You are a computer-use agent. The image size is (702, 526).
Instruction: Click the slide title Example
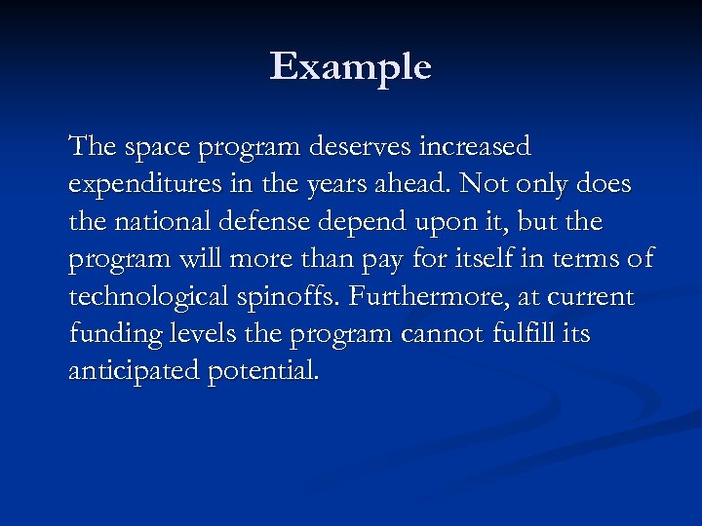pos(350,67)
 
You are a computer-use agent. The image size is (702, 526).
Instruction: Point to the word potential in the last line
pos(262,371)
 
